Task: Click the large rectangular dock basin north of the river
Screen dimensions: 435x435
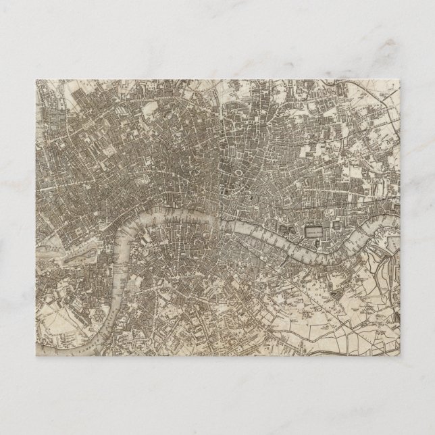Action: tap(312, 230)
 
